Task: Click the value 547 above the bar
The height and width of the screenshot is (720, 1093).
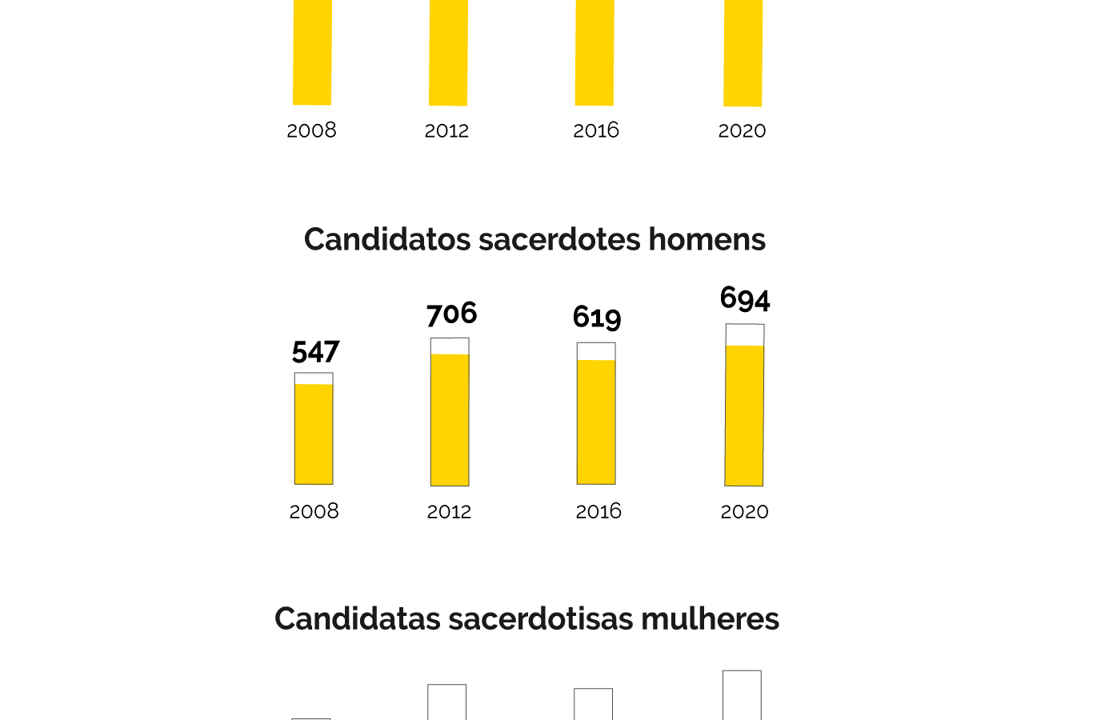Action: [315, 352]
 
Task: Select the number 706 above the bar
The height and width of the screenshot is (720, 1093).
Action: [451, 314]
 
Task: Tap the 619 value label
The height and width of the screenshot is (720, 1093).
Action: [597, 318]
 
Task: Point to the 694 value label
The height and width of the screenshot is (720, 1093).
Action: [745, 298]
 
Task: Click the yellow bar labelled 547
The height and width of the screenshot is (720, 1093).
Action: [314, 434]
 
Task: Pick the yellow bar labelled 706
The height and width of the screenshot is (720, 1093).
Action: [450, 419]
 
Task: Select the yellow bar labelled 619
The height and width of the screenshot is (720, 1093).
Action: [596, 422]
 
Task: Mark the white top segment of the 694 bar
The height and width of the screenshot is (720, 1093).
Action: [745, 334]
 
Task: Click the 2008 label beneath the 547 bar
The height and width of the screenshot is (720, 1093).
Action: [314, 511]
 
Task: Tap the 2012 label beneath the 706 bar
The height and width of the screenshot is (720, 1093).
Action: [449, 512]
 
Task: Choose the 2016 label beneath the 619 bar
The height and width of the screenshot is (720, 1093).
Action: [599, 511]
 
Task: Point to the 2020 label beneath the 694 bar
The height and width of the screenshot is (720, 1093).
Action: [744, 512]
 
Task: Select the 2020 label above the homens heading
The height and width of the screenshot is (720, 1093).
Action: [742, 130]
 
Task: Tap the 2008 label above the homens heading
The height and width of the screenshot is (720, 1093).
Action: [311, 130]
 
